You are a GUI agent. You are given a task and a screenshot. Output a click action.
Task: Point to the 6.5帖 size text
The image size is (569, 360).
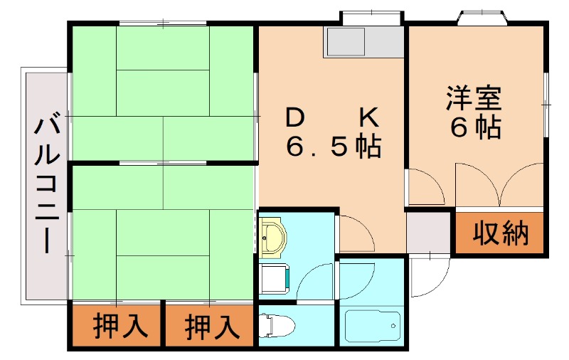click(x=333, y=147)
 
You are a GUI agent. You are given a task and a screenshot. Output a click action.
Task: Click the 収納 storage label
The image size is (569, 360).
click(x=501, y=233)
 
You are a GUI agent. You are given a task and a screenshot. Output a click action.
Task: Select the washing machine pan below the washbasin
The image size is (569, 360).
click(x=274, y=277)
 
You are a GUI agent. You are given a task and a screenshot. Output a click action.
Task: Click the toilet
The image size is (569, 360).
click(x=277, y=326)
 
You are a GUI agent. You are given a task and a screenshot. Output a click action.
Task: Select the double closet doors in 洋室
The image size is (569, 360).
click(x=500, y=186)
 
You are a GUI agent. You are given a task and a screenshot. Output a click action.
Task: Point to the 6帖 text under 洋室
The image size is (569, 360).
click(x=474, y=128)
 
